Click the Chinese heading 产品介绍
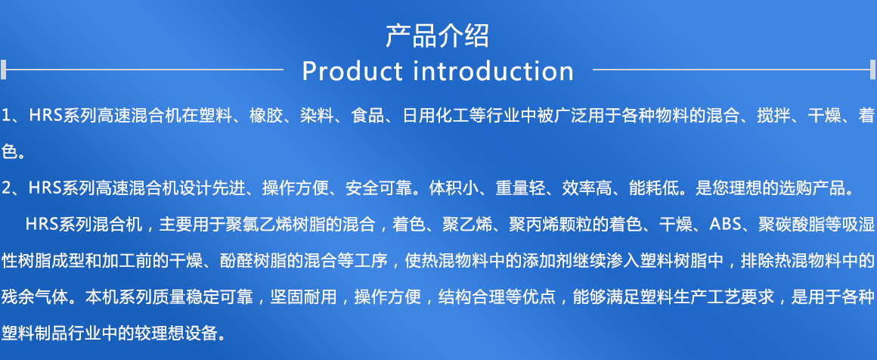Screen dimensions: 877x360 click(x=438, y=36)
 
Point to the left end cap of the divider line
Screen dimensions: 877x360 click(x=3, y=70)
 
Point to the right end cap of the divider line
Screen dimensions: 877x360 click(x=873, y=70)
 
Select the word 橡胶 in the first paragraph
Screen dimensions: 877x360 click(x=266, y=116)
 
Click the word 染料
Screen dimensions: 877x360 click(x=317, y=116)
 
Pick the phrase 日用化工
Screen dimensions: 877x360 click(x=435, y=116)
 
